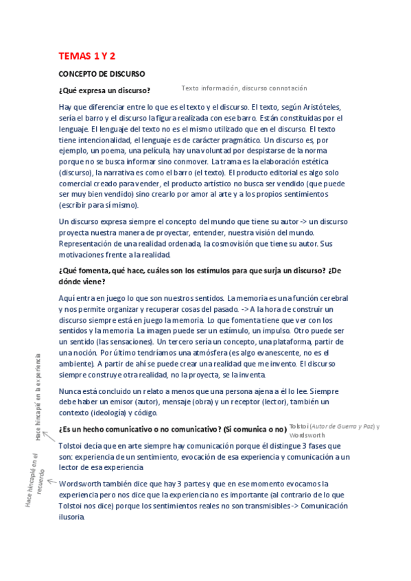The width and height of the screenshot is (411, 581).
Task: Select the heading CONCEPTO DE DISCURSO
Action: pos(102,73)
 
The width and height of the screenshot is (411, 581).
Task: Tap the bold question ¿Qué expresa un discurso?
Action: pos(104,90)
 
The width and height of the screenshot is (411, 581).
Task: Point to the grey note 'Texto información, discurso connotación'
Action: pos(244,88)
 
